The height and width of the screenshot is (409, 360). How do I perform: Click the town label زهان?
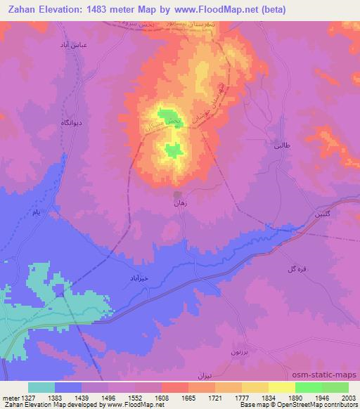[x=179, y=202]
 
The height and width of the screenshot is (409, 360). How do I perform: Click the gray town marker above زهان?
[x=179, y=193]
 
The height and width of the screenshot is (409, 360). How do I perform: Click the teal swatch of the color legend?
[x=41, y=387]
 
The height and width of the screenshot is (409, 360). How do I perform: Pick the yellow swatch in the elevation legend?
[x=281, y=387]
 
